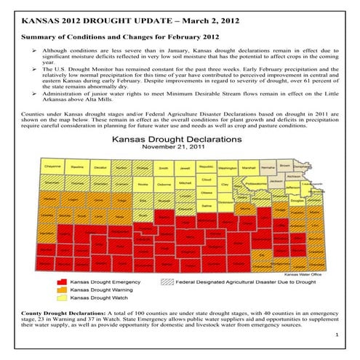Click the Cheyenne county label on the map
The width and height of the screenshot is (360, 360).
[x=52, y=166]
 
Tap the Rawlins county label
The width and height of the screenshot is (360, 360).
[x=78, y=166]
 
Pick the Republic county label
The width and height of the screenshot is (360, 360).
[x=206, y=166]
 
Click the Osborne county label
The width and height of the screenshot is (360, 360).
[x=164, y=184]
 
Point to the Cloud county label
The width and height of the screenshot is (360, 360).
[x=206, y=179]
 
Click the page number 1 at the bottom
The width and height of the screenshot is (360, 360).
[x=339, y=334]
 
